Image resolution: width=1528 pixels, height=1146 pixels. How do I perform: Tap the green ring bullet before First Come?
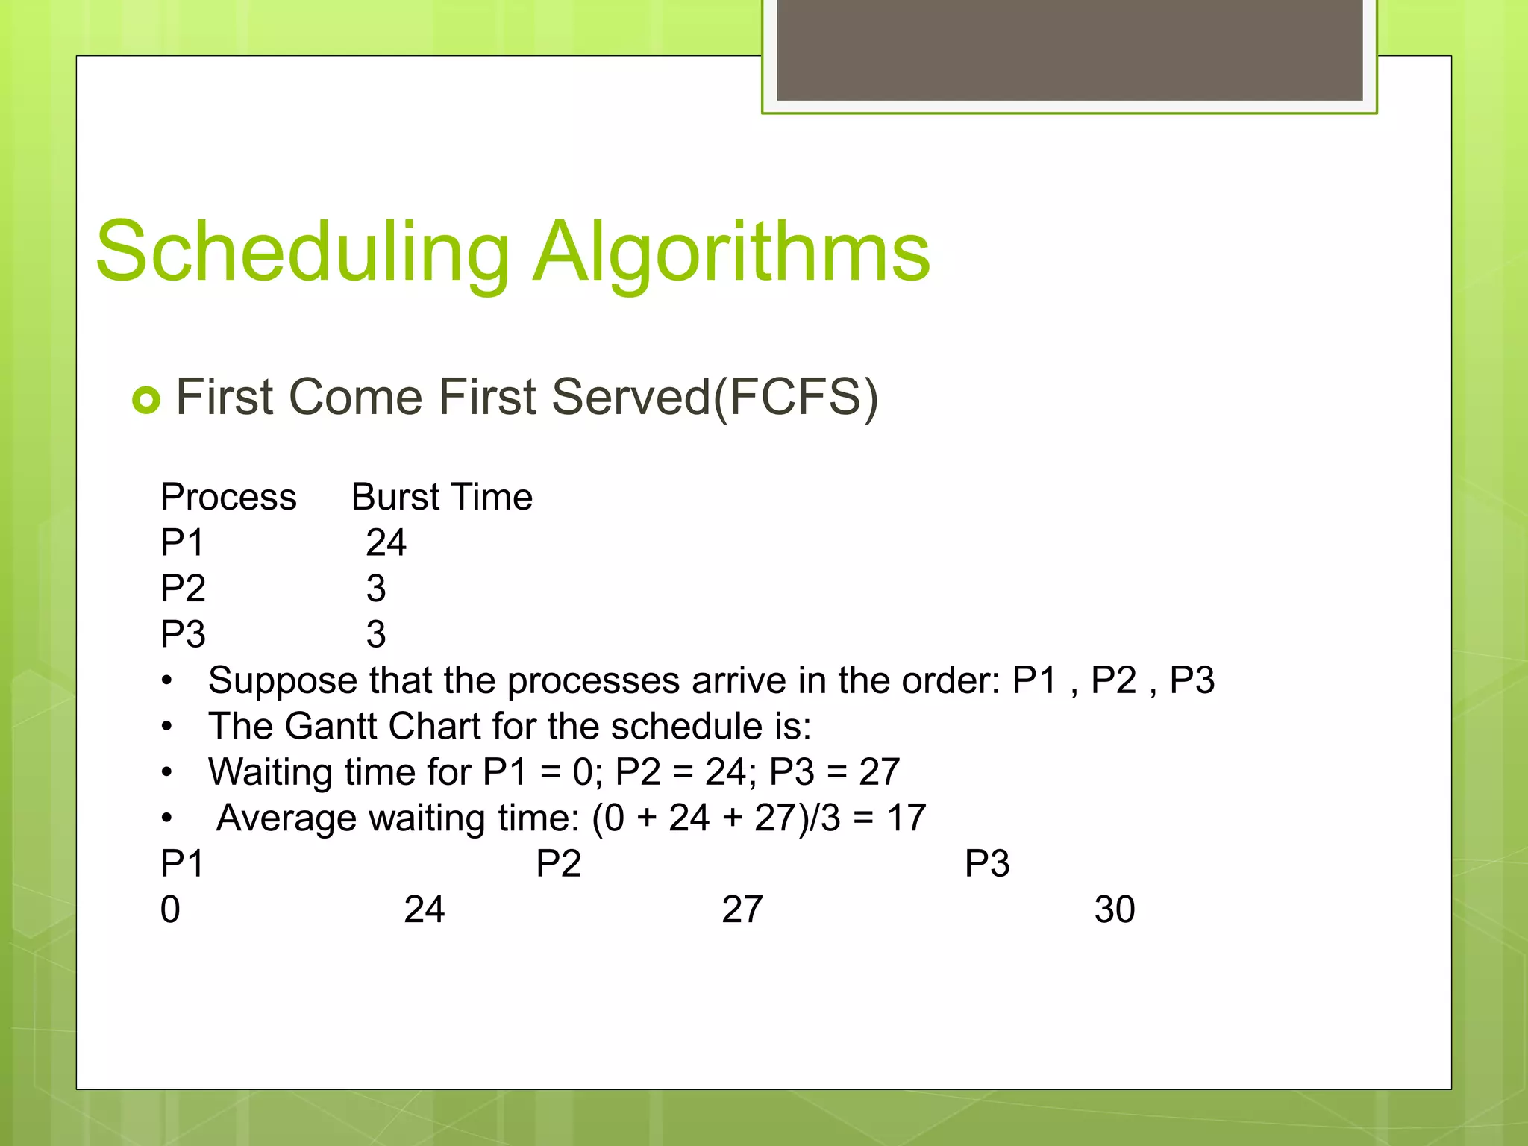pos(146,400)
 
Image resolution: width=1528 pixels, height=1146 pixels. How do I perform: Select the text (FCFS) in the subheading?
pos(796,397)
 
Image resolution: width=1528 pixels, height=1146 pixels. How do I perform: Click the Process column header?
pos(228,497)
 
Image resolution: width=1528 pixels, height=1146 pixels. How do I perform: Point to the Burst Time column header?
pos(442,497)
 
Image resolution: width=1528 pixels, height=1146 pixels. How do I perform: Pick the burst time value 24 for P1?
pos(386,542)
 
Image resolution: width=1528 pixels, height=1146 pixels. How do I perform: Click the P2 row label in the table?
pos(183,589)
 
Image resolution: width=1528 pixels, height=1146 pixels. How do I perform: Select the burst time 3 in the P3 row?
pos(376,634)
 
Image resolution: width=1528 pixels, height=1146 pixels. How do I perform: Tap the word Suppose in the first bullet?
pos(282,681)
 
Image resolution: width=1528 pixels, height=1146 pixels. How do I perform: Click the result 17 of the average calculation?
pos(906,818)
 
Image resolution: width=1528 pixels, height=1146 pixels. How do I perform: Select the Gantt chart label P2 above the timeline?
pos(558,864)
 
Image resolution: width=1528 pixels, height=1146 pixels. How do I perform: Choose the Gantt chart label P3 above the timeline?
pos(987,864)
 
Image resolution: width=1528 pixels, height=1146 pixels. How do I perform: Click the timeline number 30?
pos(1115,909)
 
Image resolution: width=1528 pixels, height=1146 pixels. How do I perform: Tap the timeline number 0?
pos(170,909)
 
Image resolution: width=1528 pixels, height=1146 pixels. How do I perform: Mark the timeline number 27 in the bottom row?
pos(742,909)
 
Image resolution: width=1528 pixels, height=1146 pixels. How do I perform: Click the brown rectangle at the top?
pos(1069,49)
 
